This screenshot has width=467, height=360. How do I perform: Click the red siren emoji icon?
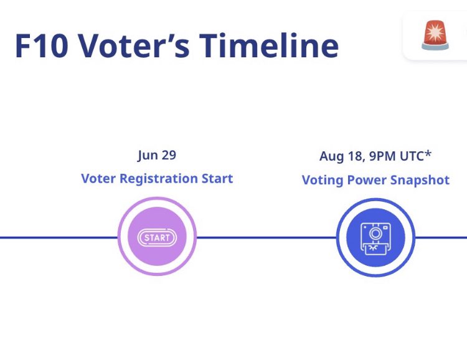(x=435, y=35)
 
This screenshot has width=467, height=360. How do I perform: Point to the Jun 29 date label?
(x=157, y=155)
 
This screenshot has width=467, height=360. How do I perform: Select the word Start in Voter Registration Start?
(x=216, y=179)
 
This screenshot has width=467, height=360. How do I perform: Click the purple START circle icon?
(x=157, y=237)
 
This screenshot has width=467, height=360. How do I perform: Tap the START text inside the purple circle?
(x=157, y=237)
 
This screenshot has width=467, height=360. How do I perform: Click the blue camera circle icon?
(x=375, y=237)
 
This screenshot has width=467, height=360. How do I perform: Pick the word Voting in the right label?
(x=323, y=180)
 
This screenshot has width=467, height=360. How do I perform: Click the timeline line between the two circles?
(x=266, y=237)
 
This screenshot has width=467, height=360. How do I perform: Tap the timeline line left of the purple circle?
(x=56, y=237)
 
